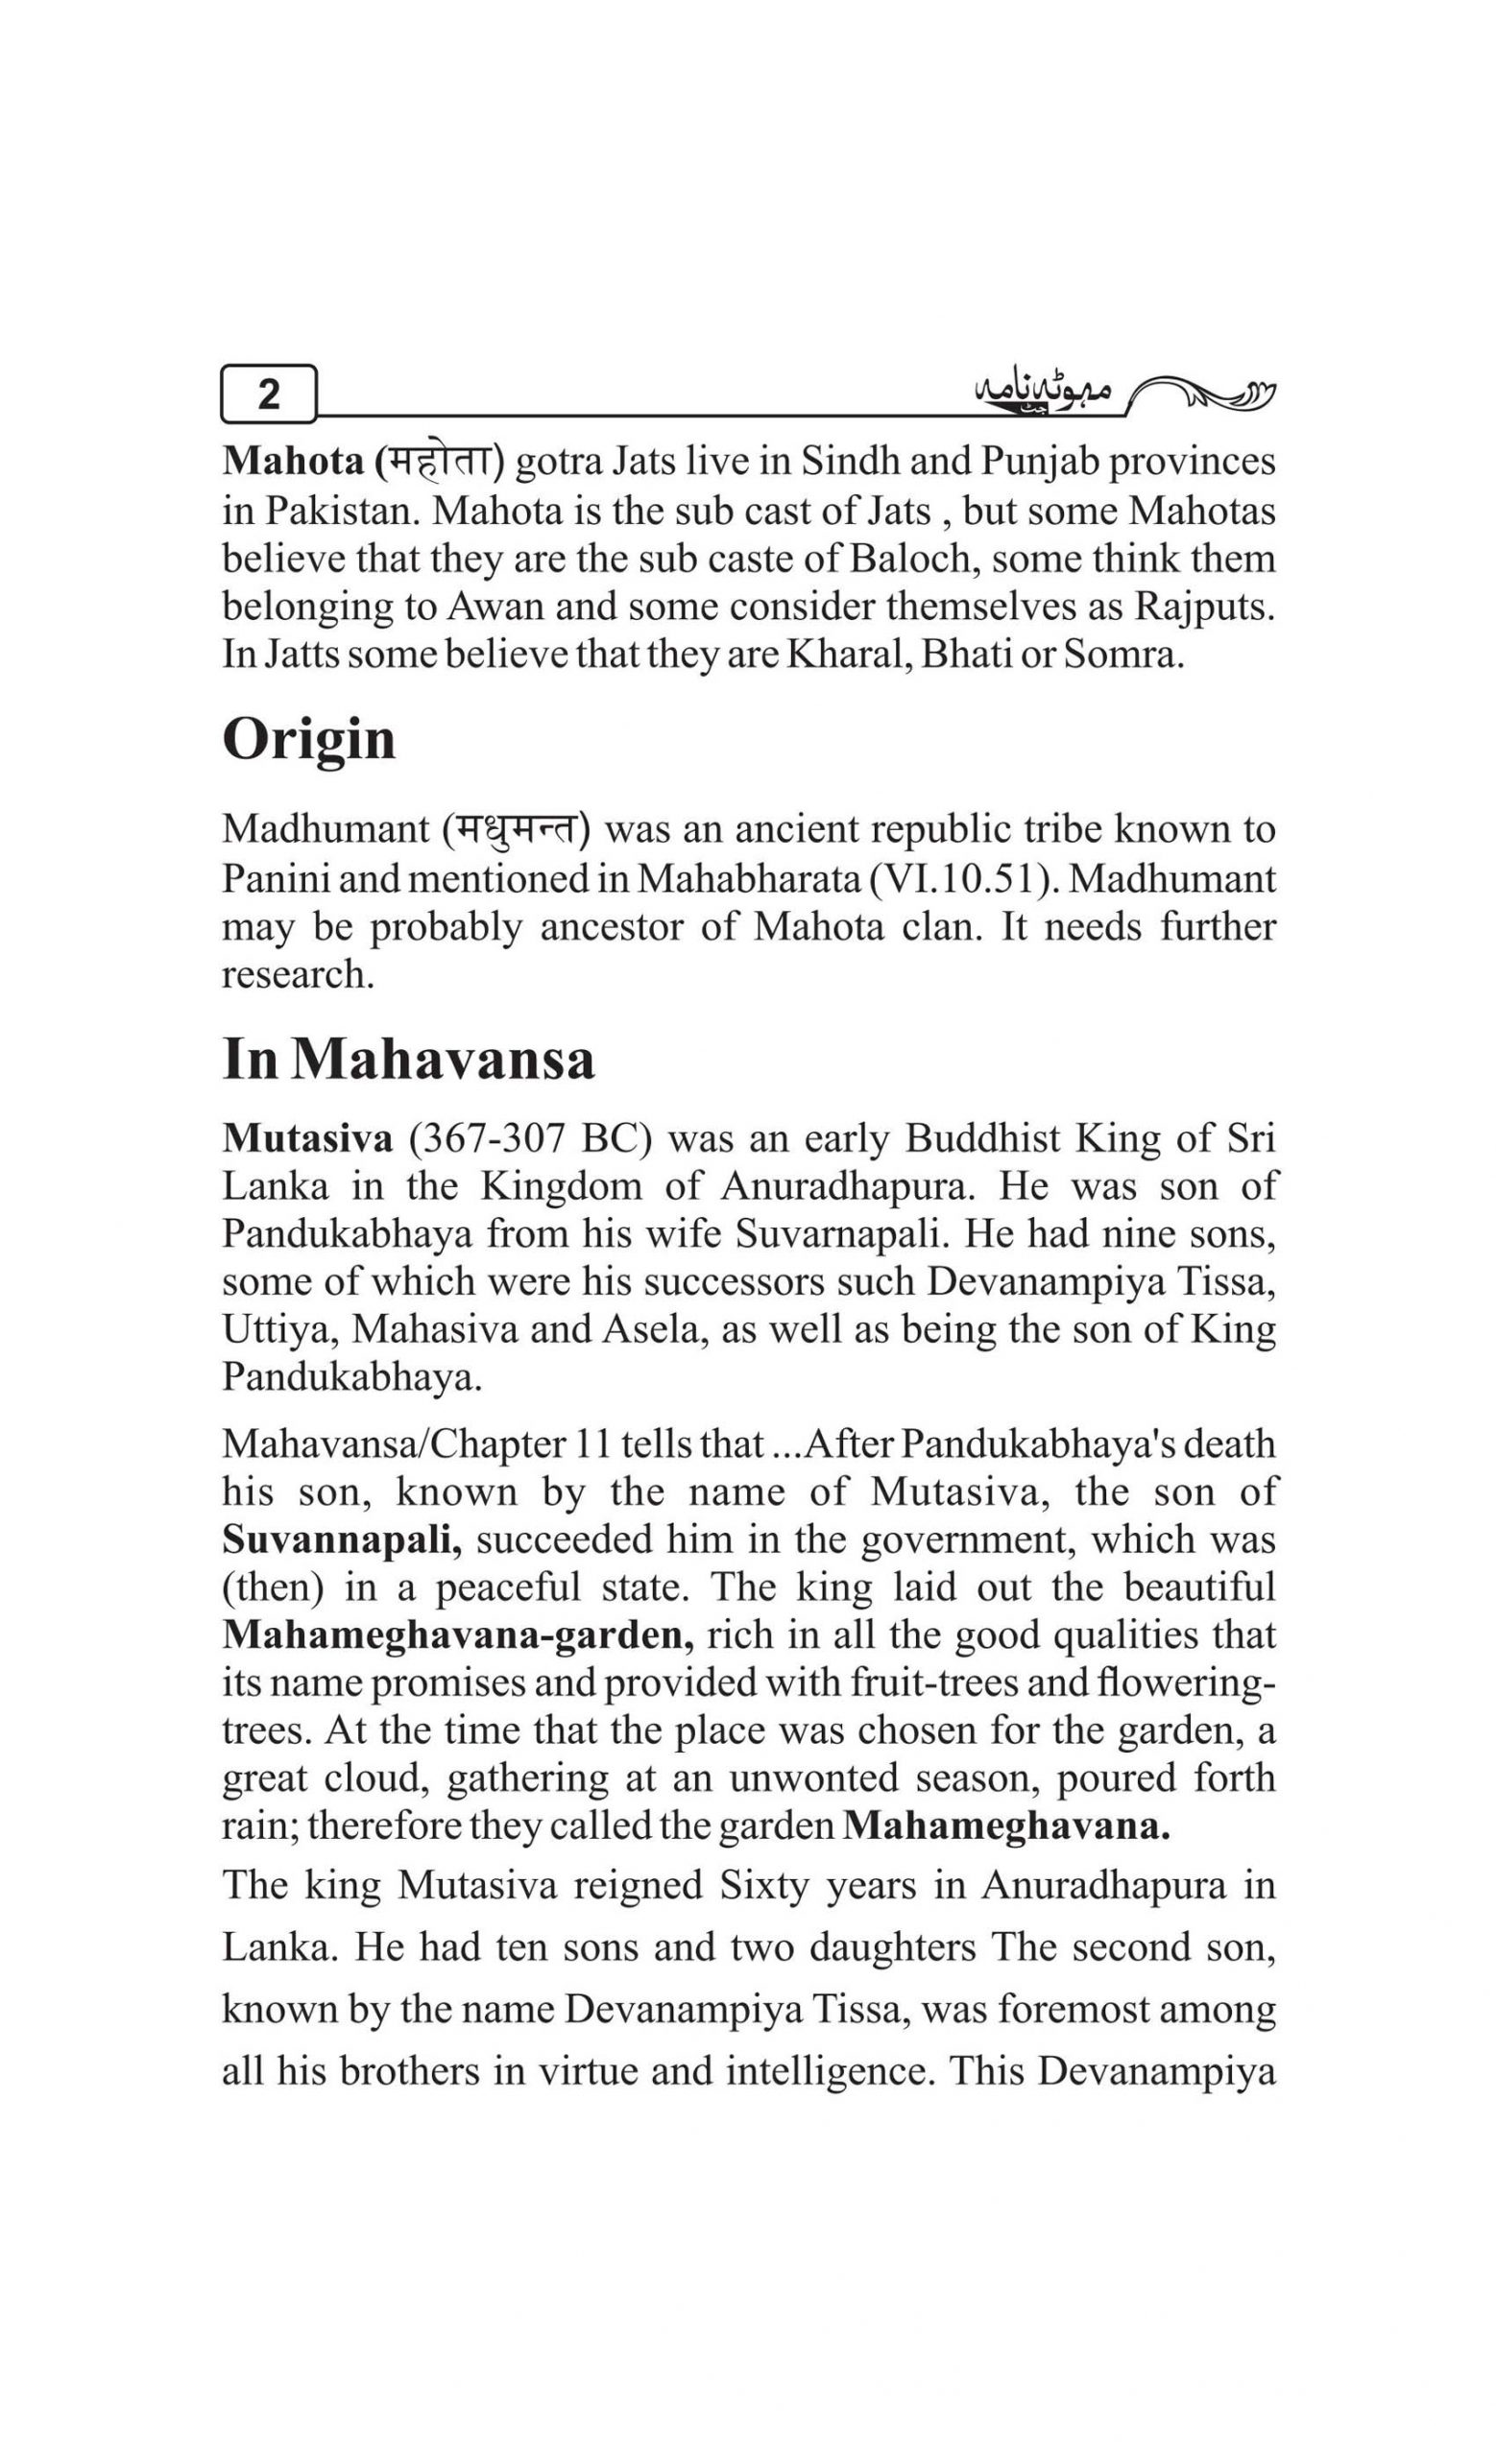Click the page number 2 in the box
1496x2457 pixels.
(x=268, y=394)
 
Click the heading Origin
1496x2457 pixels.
(x=309, y=740)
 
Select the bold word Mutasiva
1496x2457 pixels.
(x=308, y=1137)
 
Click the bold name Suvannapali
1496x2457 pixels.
(x=342, y=1539)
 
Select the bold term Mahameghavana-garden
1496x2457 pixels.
(x=459, y=1635)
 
